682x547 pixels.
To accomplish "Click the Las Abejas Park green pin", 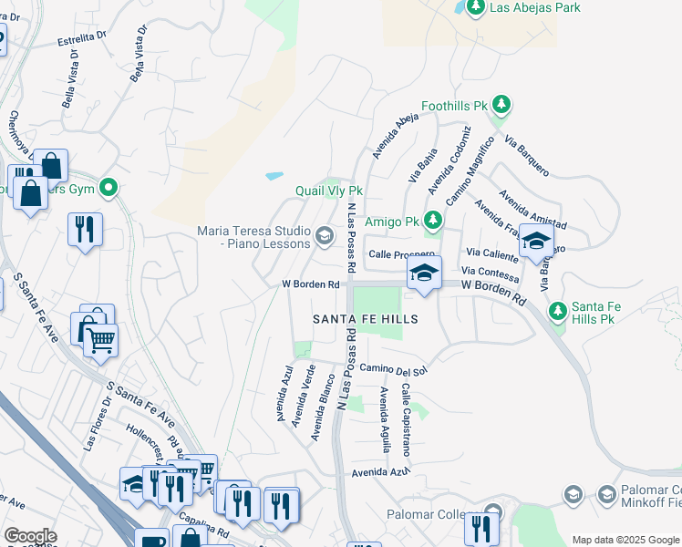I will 474,8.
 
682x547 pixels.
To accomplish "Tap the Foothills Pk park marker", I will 498,107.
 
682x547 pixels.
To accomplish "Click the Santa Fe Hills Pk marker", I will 558,312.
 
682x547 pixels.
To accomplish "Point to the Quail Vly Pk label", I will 328,191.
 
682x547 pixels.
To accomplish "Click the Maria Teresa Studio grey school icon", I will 323,238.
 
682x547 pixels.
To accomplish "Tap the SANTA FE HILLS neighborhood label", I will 365,319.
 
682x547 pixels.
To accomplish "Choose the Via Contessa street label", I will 491,272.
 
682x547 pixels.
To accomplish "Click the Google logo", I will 30,536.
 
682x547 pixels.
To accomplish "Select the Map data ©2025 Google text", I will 625,540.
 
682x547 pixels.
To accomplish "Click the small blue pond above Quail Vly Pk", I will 274,175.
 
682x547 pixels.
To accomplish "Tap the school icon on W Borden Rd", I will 423,273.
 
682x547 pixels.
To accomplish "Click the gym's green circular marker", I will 108,189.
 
